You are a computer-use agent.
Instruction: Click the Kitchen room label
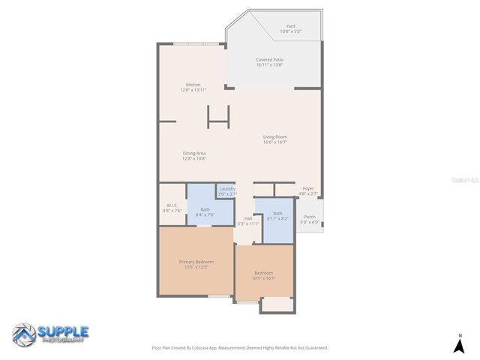(193, 85)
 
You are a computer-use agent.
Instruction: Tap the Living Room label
(274, 136)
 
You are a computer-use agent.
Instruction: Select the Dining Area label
(193, 153)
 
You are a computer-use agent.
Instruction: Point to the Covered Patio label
(269, 59)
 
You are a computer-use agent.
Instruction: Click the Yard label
(290, 26)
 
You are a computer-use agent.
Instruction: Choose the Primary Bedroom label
(196, 262)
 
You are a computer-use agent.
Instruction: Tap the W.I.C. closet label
(171, 205)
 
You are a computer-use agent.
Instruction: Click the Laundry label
(226, 188)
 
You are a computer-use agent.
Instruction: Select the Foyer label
(307, 188)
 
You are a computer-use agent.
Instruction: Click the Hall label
(248, 218)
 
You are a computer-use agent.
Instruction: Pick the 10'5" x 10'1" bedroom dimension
(264, 278)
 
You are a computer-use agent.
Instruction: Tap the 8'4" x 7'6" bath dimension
(205, 215)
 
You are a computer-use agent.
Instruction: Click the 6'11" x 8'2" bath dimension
(277, 218)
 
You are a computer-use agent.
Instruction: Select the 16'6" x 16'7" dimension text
(274, 142)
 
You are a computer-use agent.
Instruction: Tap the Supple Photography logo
(50, 334)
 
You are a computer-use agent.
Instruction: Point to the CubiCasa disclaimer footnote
(240, 348)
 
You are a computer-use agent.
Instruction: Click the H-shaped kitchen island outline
(218, 115)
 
